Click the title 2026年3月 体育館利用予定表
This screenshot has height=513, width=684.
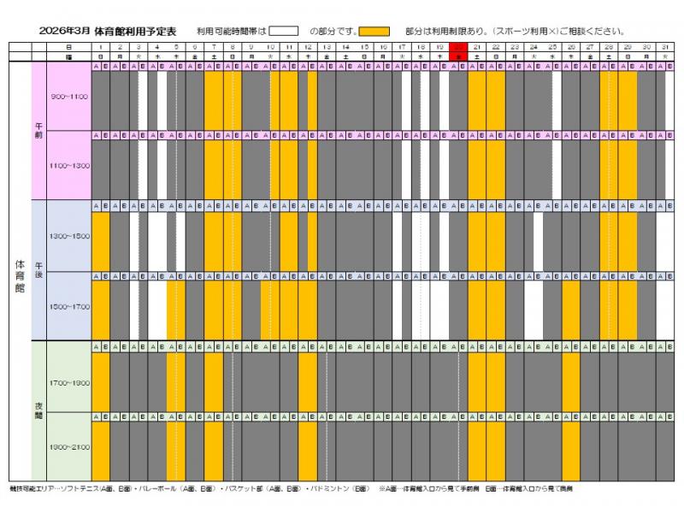click(107, 31)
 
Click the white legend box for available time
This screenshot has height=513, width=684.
click(288, 31)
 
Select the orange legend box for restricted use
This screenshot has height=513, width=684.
click(374, 31)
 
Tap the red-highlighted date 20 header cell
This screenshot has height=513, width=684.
click(458, 46)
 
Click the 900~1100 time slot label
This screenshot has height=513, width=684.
click(69, 97)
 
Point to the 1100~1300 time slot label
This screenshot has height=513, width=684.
click(69, 165)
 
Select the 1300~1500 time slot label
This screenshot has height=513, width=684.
click(69, 235)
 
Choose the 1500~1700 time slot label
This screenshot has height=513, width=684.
click(69, 305)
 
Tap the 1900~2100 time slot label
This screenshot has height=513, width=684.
click(69, 446)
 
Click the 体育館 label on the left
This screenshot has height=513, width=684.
click(21, 277)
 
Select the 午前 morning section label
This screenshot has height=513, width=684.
click(38, 131)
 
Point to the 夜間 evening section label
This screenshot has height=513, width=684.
click(38, 410)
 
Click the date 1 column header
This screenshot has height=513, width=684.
click(101, 46)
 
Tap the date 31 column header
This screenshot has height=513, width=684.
click(665, 46)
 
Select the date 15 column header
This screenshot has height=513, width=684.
click(364, 46)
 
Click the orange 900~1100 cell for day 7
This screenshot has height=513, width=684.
click(214, 98)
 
